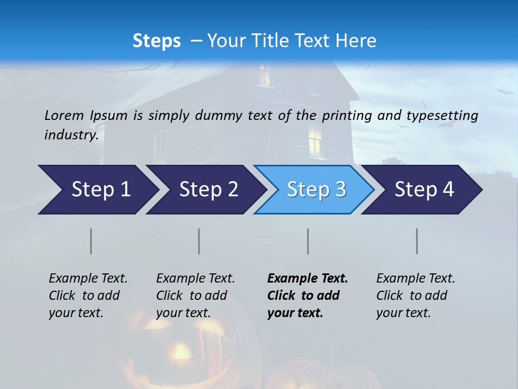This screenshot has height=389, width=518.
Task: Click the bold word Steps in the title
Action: tap(156, 41)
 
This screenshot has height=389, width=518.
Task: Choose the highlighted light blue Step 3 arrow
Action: tap(316, 190)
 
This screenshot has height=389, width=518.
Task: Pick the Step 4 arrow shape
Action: tap(424, 190)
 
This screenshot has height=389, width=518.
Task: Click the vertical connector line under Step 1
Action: tap(91, 241)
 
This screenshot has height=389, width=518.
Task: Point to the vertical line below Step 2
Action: tap(199, 241)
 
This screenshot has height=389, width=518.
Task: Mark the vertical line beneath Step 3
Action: tap(308, 241)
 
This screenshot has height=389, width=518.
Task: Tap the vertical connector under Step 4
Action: tap(417, 241)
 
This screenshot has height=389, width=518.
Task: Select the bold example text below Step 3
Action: tap(308, 296)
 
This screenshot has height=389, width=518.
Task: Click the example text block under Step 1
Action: tap(88, 296)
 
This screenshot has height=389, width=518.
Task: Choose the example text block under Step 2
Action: tap(195, 296)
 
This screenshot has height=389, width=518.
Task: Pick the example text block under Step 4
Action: tap(415, 296)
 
